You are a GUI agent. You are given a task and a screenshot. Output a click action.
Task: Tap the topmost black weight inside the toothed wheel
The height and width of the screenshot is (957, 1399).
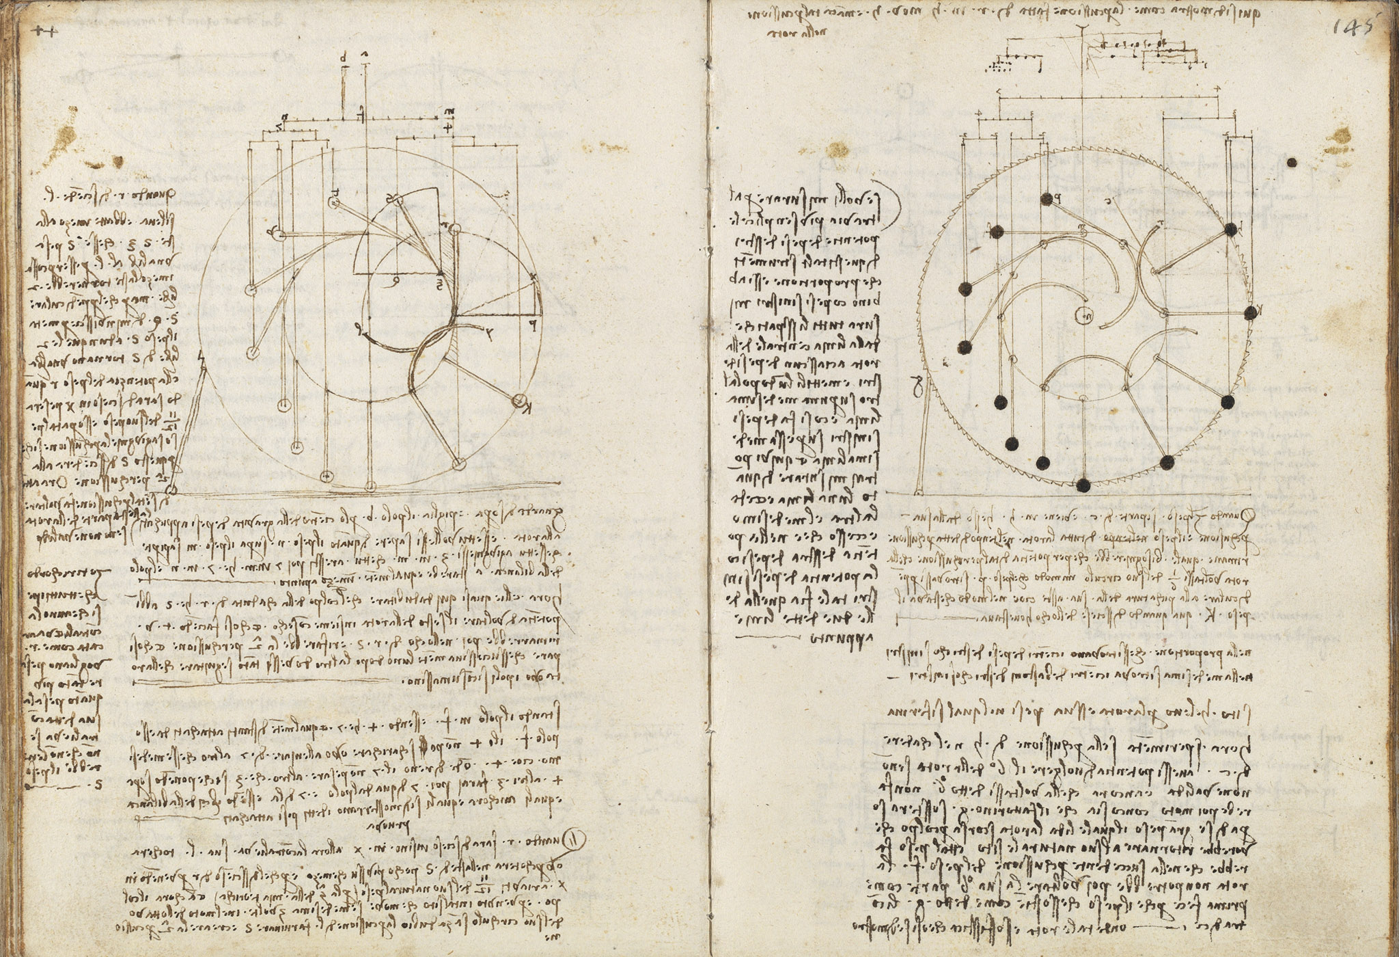pos(1046,199)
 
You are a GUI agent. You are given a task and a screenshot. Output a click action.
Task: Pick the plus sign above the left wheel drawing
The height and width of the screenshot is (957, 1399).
pos(447,128)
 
